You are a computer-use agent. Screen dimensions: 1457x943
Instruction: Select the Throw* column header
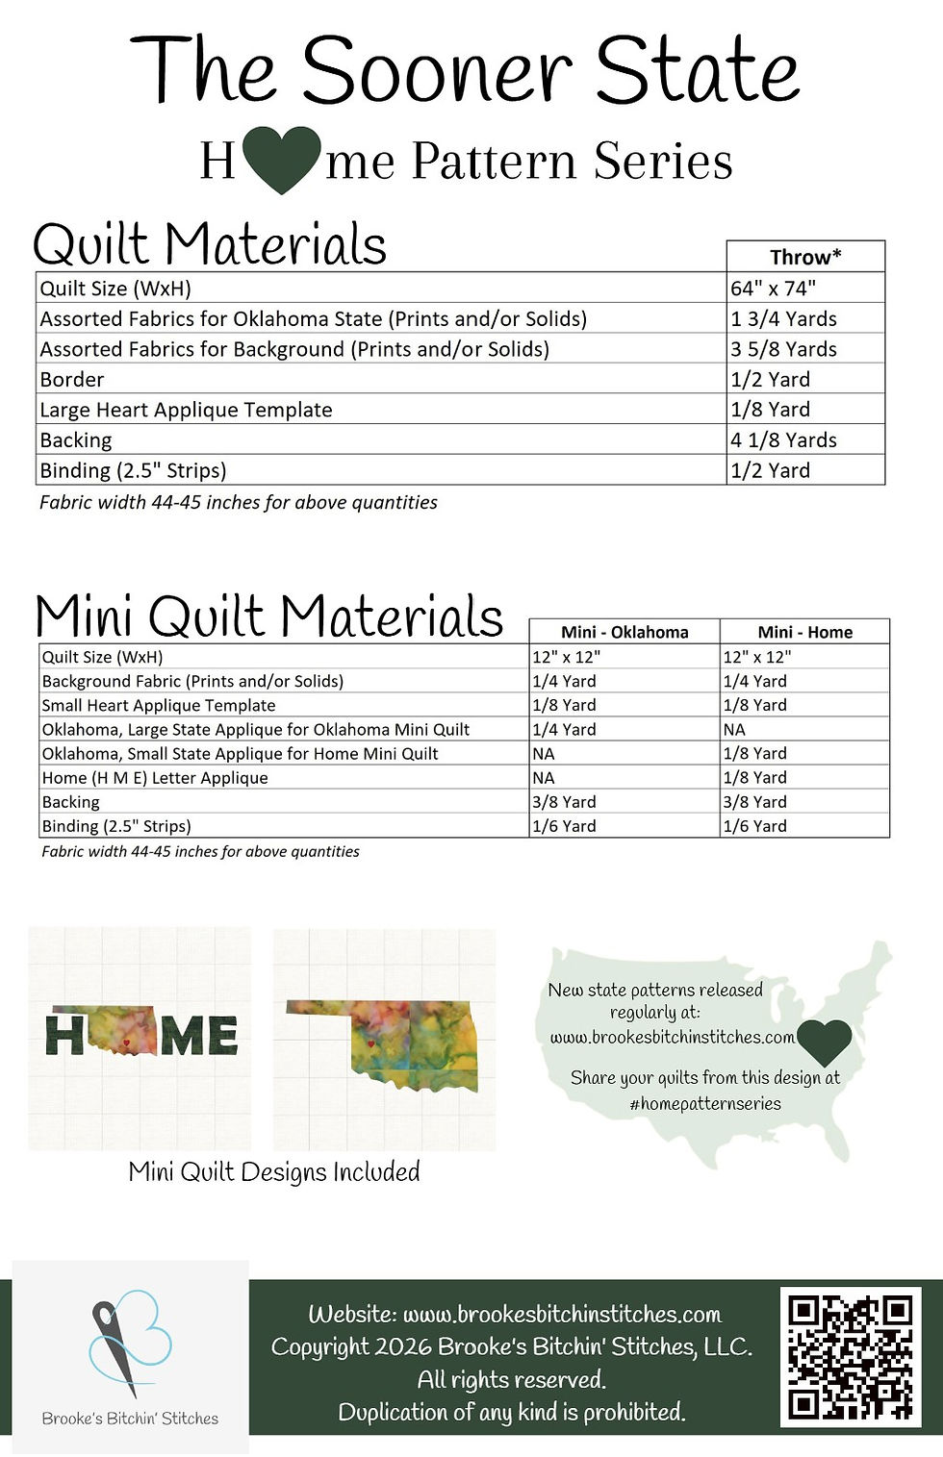[805, 257]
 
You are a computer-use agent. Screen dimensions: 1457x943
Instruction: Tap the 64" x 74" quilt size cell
[773, 288]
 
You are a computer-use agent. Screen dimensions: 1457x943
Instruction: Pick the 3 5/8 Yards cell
[783, 349]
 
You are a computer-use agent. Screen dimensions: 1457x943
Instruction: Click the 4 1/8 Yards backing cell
[783, 440]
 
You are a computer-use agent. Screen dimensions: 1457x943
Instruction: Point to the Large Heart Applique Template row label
[186, 410]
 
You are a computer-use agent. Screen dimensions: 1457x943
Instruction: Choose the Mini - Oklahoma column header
[624, 632]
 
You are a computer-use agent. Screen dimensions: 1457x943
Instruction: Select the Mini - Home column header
[804, 632]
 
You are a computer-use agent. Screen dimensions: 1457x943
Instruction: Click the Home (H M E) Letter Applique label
[155, 777]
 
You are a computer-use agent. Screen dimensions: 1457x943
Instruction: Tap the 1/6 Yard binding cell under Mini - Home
[755, 825]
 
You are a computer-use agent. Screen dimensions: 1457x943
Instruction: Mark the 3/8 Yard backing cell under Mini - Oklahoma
[565, 801]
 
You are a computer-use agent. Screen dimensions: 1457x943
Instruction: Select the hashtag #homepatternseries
[705, 1103]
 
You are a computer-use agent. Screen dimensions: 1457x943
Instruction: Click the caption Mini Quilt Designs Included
[274, 1171]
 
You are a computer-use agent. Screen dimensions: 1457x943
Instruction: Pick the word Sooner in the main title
[437, 70]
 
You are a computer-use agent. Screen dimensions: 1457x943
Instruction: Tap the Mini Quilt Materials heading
[269, 616]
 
